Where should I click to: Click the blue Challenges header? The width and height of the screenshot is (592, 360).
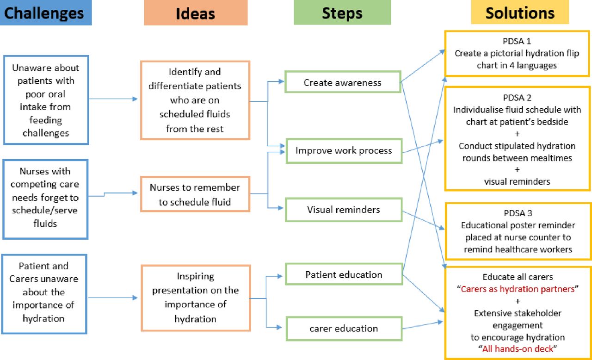(x=46, y=13)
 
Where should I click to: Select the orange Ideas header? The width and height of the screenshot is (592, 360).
(x=195, y=13)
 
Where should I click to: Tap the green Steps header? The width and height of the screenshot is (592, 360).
(x=342, y=13)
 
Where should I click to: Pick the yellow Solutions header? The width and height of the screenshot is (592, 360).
(x=519, y=12)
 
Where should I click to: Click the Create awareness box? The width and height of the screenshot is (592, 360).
(x=343, y=82)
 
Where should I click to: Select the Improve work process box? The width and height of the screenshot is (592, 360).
(x=344, y=150)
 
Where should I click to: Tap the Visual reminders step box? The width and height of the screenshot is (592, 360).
(x=344, y=210)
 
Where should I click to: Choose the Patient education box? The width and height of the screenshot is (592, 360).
(x=344, y=274)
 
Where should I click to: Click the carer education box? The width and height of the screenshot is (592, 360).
(x=344, y=329)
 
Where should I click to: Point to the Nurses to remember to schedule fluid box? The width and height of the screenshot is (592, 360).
(x=195, y=194)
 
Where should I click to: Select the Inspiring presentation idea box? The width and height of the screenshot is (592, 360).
(x=196, y=298)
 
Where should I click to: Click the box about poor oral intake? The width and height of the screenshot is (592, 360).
(x=45, y=100)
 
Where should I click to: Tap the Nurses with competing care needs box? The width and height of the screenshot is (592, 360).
(x=45, y=198)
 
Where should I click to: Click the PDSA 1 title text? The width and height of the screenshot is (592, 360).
(x=518, y=41)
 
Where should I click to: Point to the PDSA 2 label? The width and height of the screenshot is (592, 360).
(x=518, y=98)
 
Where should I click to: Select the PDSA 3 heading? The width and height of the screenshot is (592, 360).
(x=518, y=213)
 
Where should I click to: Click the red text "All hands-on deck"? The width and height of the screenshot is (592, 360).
(x=518, y=349)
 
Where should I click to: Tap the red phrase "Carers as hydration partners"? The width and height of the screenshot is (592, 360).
(x=518, y=289)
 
